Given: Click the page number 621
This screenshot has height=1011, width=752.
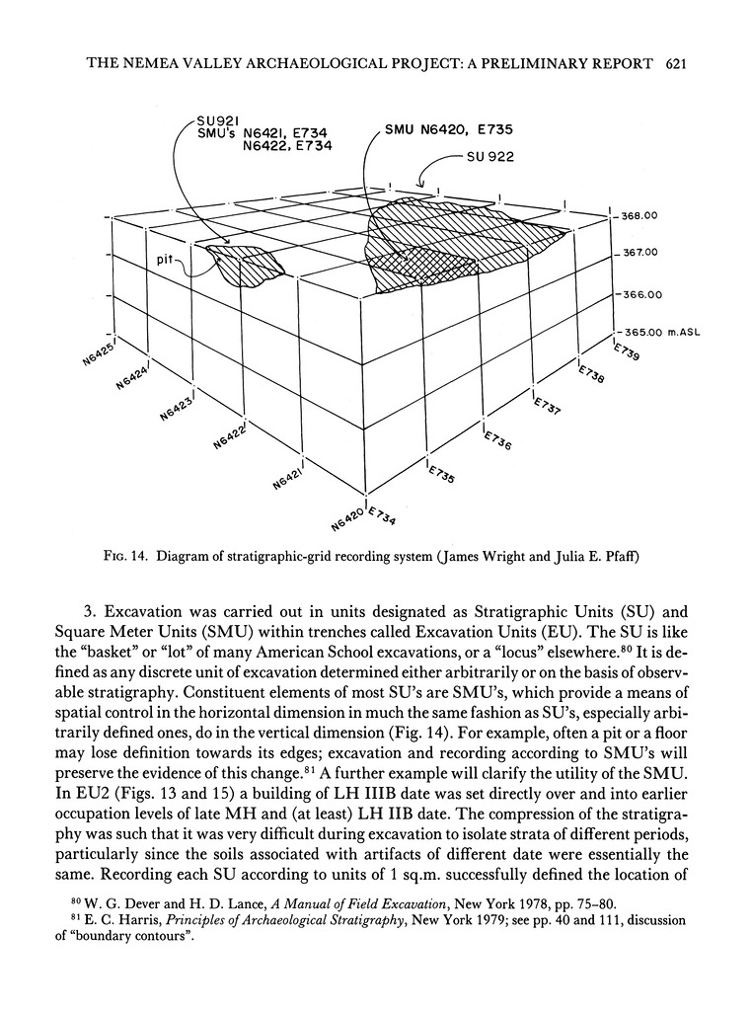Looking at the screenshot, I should (x=675, y=64).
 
